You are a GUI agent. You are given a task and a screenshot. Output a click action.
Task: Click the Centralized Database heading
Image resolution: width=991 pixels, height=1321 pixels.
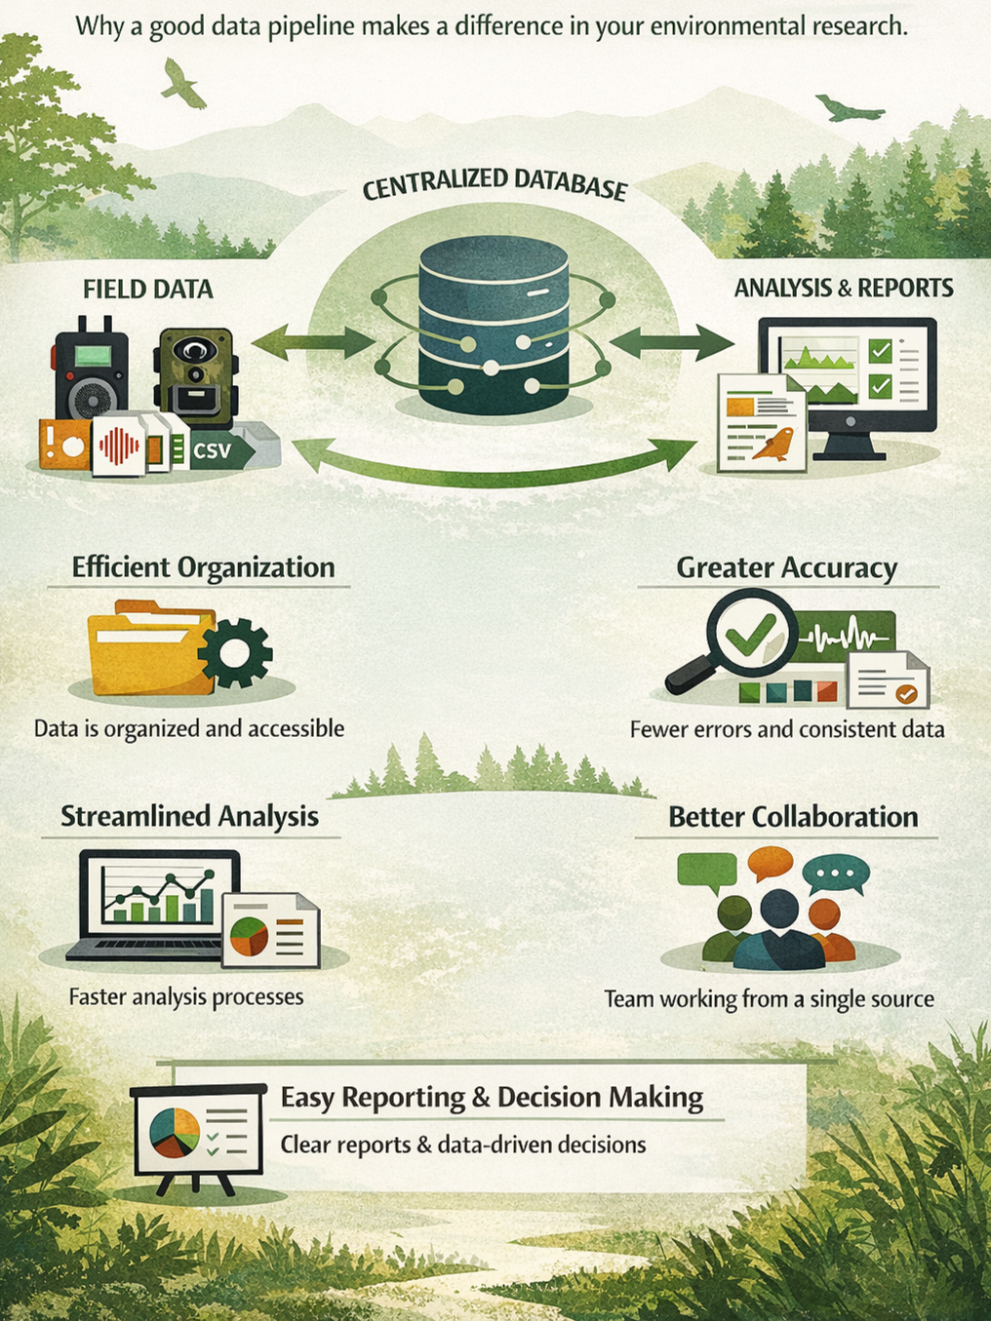(x=494, y=183)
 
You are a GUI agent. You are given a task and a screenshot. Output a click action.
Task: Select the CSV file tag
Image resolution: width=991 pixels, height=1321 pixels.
(x=214, y=450)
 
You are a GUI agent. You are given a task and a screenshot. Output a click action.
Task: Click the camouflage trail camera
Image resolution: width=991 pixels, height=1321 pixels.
(x=195, y=375)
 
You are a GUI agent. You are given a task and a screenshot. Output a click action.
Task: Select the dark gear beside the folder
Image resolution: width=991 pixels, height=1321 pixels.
(x=235, y=652)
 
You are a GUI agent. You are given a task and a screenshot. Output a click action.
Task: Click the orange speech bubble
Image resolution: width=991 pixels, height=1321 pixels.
(x=771, y=862)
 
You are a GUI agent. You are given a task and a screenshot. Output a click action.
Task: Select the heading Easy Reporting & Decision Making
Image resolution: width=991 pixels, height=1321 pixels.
(x=492, y=1098)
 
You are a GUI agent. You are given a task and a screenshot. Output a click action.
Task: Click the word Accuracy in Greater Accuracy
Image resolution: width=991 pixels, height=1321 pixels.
(x=840, y=567)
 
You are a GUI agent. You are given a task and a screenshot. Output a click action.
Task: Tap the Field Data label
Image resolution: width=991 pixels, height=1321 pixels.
(x=148, y=290)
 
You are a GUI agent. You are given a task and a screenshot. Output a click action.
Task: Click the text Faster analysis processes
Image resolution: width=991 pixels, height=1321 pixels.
(x=186, y=997)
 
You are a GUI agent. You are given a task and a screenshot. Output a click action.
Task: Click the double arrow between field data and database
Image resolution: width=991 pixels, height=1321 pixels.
(x=312, y=342)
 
